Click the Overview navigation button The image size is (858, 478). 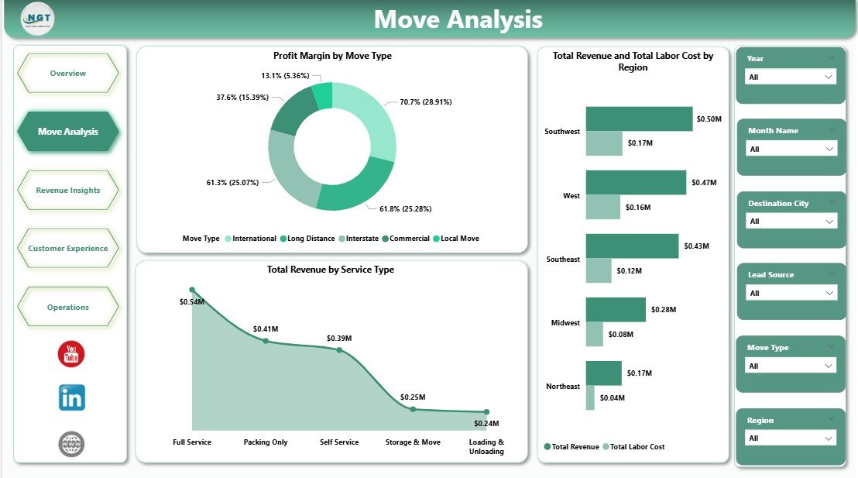68,74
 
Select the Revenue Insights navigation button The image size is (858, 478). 68,191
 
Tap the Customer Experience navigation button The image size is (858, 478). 68,249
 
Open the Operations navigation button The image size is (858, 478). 68,308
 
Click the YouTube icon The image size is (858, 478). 71,355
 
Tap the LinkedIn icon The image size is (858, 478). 72,398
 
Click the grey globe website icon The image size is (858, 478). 71,444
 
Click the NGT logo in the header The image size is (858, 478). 38,19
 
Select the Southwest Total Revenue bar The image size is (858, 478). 639,119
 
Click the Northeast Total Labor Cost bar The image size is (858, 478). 590,397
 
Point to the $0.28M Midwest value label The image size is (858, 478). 664,310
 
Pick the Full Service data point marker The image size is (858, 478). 192,290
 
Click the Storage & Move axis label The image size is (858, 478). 413,442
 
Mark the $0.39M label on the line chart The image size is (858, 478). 339,339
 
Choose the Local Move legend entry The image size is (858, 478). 459,239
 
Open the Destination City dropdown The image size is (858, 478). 790,222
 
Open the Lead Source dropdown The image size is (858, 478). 790,293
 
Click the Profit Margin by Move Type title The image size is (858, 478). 332,56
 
